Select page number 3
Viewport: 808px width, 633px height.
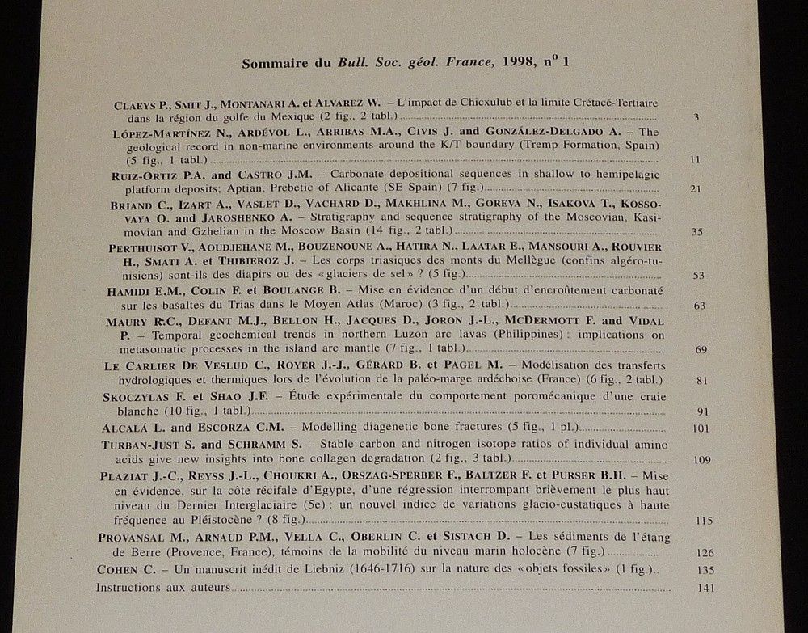(x=696, y=118)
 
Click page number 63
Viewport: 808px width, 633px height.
(x=699, y=305)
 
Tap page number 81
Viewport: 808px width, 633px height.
(x=701, y=379)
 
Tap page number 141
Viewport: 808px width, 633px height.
(x=704, y=588)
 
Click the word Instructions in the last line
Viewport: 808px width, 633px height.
(x=125, y=588)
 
